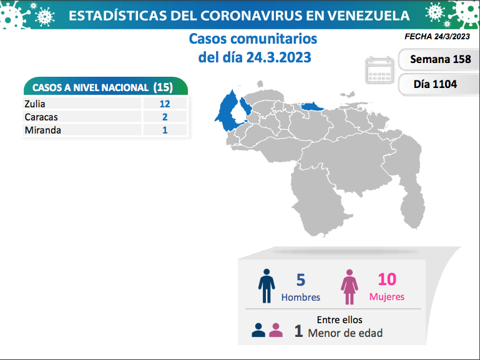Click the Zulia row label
click(x=35, y=104)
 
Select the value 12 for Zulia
click(x=164, y=104)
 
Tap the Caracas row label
click(x=41, y=117)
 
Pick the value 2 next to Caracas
click(x=164, y=117)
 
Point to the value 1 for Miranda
click(x=164, y=130)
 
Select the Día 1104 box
click(x=435, y=83)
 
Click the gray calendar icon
click(x=380, y=71)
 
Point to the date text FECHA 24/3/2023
click(x=437, y=37)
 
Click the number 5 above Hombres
click(x=300, y=280)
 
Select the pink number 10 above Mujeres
click(x=386, y=280)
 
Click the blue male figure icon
click(x=267, y=286)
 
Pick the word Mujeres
click(x=386, y=297)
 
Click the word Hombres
click(x=301, y=298)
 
